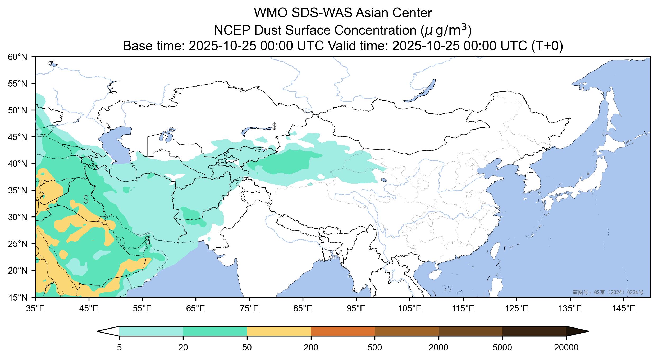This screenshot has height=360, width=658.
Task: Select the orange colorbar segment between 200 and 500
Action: (x=343, y=331)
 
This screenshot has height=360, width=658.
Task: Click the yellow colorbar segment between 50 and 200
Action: (x=279, y=331)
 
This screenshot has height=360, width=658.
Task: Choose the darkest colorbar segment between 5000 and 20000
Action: (x=534, y=331)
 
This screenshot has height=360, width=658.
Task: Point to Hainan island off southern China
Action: (x=435, y=275)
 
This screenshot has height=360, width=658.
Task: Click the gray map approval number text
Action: (x=608, y=292)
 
